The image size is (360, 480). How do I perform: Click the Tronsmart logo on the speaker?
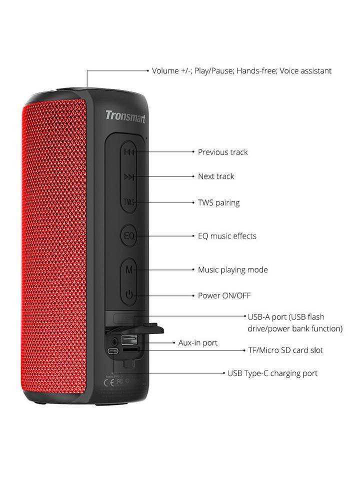pos(125,117)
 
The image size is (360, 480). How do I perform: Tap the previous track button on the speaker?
pos(128,151)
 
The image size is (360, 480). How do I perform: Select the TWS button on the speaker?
pos(128,202)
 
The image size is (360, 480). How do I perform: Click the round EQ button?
pos(129,235)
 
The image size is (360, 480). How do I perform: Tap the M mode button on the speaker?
pos(129,269)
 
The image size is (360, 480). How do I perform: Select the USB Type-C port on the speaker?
pos(114,351)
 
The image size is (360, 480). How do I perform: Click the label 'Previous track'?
pos(222,152)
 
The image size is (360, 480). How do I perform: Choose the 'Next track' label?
pos(216,176)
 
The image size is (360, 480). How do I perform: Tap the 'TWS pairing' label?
pos(218,202)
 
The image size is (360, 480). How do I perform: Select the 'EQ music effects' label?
pos(227,236)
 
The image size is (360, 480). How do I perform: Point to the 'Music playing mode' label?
pos(232,270)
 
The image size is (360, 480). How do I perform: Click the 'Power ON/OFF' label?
pos(224,295)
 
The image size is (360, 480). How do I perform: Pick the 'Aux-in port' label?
pos(198,343)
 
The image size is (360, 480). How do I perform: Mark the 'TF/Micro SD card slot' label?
pos(285,350)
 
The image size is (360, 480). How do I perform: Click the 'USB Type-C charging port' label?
pos(272,373)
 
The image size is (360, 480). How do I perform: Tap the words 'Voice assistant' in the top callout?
pos(305,71)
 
